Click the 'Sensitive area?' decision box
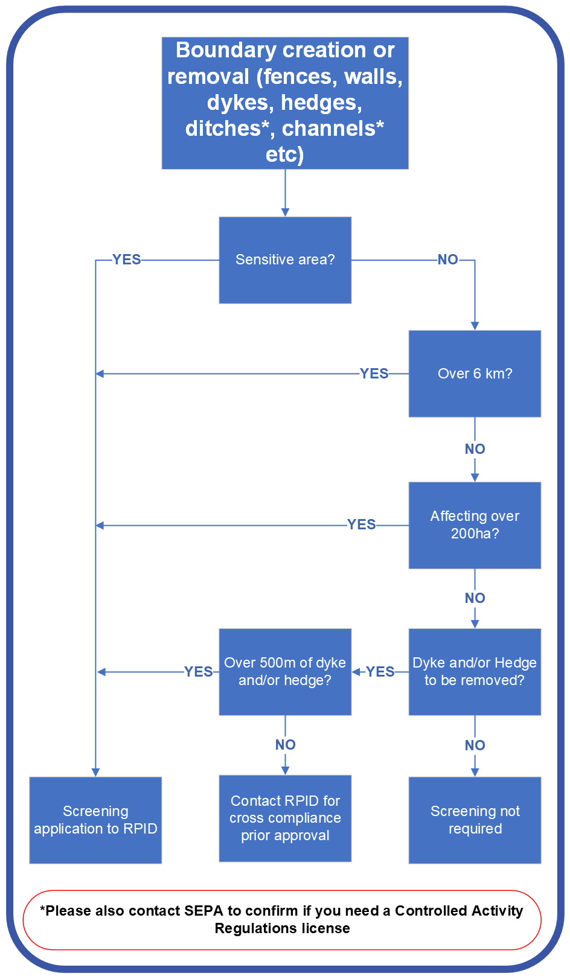pyautogui.click(x=285, y=260)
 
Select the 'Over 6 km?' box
pyautogui.click(x=475, y=374)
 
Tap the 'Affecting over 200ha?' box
pyautogui.click(x=475, y=525)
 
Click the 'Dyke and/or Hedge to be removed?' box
pyautogui.click(x=475, y=672)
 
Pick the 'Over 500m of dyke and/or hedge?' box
pyautogui.click(x=285, y=672)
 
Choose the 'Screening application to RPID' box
pyautogui.click(x=95, y=820)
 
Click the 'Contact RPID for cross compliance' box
pyautogui.click(x=285, y=818)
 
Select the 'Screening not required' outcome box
pyautogui.click(x=475, y=820)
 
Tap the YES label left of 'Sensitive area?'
pyautogui.click(x=127, y=260)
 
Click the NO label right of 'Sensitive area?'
pyautogui.click(x=448, y=260)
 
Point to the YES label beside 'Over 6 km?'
pyautogui.click(x=374, y=374)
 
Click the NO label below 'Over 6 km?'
pyautogui.click(x=475, y=449)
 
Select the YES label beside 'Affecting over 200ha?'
pyautogui.click(x=362, y=525)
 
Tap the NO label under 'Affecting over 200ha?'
pyautogui.click(x=475, y=598)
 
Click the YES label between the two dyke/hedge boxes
pyautogui.click(x=380, y=672)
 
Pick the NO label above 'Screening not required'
pyautogui.click(x=475, y=745)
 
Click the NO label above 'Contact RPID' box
pyautogui.click(x=286, y=745)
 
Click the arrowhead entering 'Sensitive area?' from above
pyautogui.click(x=285, y=212)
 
